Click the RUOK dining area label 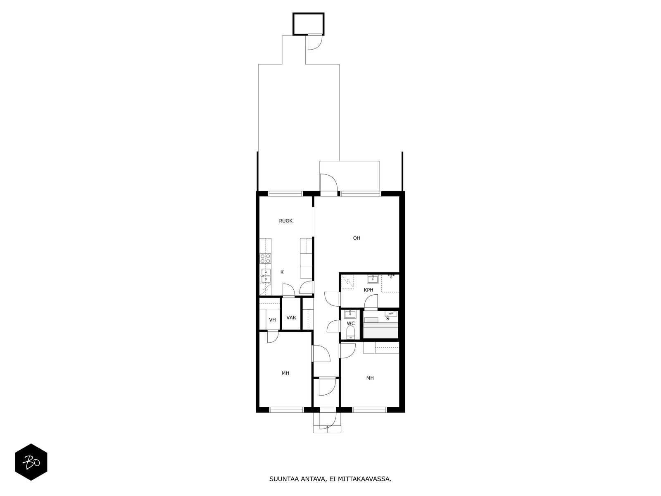coord(285,221)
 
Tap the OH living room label coord(356,238)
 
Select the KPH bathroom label coord(368,290)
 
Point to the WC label coord(350,324)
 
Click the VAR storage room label coord(291,317)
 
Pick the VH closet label coord(272,320)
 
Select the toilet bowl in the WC coord(350,332)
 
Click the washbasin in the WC coord(350,314)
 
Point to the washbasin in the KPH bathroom coord(373,279)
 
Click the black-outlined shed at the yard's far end coord(308,24)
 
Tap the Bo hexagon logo coord(31,462)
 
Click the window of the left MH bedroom coord(286,410)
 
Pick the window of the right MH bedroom coord(369,410)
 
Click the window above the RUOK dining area coord(285,193)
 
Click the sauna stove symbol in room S coord(391,314)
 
